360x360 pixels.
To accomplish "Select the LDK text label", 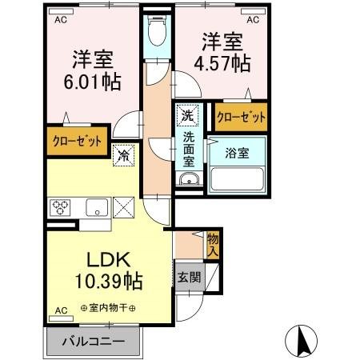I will pyautogui.click(x=109, y=261).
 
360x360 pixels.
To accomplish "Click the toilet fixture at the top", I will pyautogui.click(x=156, y=34).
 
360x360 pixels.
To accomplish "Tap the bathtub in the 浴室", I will pyautogui.click(x=238, y=178).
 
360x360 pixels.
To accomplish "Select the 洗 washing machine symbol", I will pyautogui.click(x=186, y=115).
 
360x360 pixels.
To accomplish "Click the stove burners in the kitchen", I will pyautogui.click(x=62, y=209).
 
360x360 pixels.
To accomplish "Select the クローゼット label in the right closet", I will pyautogui.click(x=241, y=117).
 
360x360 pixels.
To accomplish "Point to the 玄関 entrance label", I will pyautogui.click(x=190, y=277).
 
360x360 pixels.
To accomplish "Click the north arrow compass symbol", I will pyautogui.click(x=304, y=342).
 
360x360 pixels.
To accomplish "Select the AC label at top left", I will pyautogui.click(x=61, y=21).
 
